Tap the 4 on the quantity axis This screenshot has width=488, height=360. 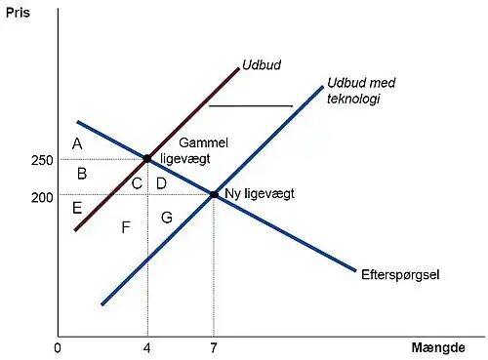pos(147,347)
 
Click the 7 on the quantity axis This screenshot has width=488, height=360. pos(214,347)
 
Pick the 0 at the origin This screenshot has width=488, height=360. pos(58,347)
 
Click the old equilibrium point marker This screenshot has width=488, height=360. pos(147,158)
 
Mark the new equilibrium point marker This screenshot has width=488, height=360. pos(214,194)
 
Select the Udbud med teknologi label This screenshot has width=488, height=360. pos(353,91)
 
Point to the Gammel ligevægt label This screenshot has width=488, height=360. pos(203,150)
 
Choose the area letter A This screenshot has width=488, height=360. pos(76,144)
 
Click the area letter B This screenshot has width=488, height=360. pos(82,175)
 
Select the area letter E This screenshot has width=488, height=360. pos(77,208)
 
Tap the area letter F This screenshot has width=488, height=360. pos(126,227)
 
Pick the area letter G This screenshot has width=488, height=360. pos(166,218)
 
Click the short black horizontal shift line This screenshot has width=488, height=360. pos(251,105)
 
